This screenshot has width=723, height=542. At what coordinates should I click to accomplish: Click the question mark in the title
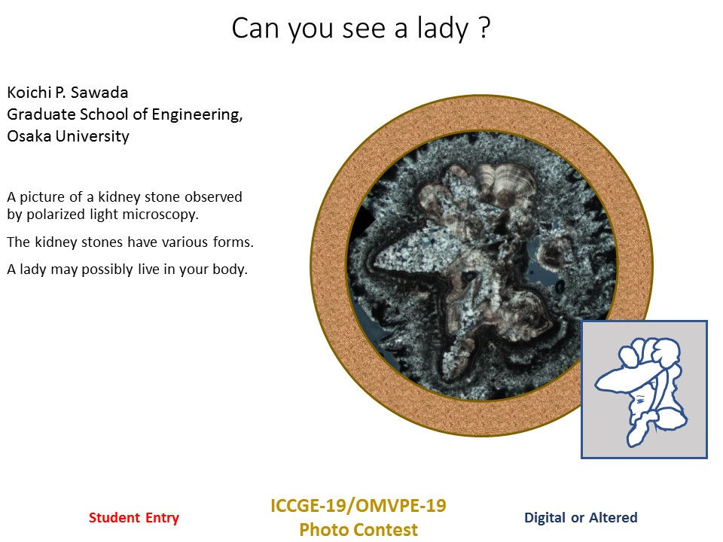[485, 29]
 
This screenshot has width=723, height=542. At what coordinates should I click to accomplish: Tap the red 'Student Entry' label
[134, 518]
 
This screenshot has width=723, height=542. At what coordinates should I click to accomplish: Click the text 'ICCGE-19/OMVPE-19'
[358, 505]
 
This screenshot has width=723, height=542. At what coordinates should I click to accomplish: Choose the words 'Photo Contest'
[358, 530]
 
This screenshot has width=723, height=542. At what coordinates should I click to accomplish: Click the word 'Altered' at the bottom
[610, 518]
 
